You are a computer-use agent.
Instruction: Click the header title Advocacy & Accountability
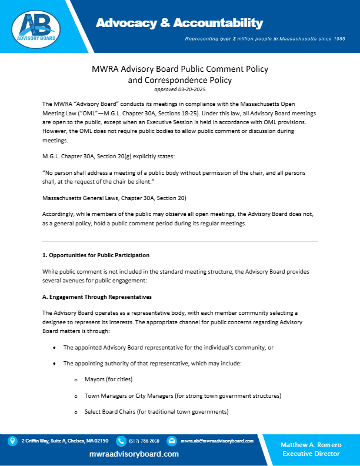click(179, 24)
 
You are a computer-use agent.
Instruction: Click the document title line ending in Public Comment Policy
click(180, 69)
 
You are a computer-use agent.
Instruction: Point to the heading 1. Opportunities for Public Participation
click(95, 255)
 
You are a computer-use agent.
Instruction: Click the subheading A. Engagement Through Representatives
click(96, 297)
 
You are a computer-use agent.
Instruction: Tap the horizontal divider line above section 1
click(180, 241)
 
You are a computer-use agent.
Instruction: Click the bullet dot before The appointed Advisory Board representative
click(55, 348)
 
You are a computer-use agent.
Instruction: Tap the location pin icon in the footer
click(12, 441)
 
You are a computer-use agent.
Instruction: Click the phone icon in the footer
click(121, 441)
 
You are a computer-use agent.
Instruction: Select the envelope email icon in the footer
click(172, 441)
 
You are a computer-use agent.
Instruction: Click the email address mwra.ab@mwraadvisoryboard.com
click(217, 441)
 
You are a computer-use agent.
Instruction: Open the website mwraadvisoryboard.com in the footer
click(134, 454)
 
